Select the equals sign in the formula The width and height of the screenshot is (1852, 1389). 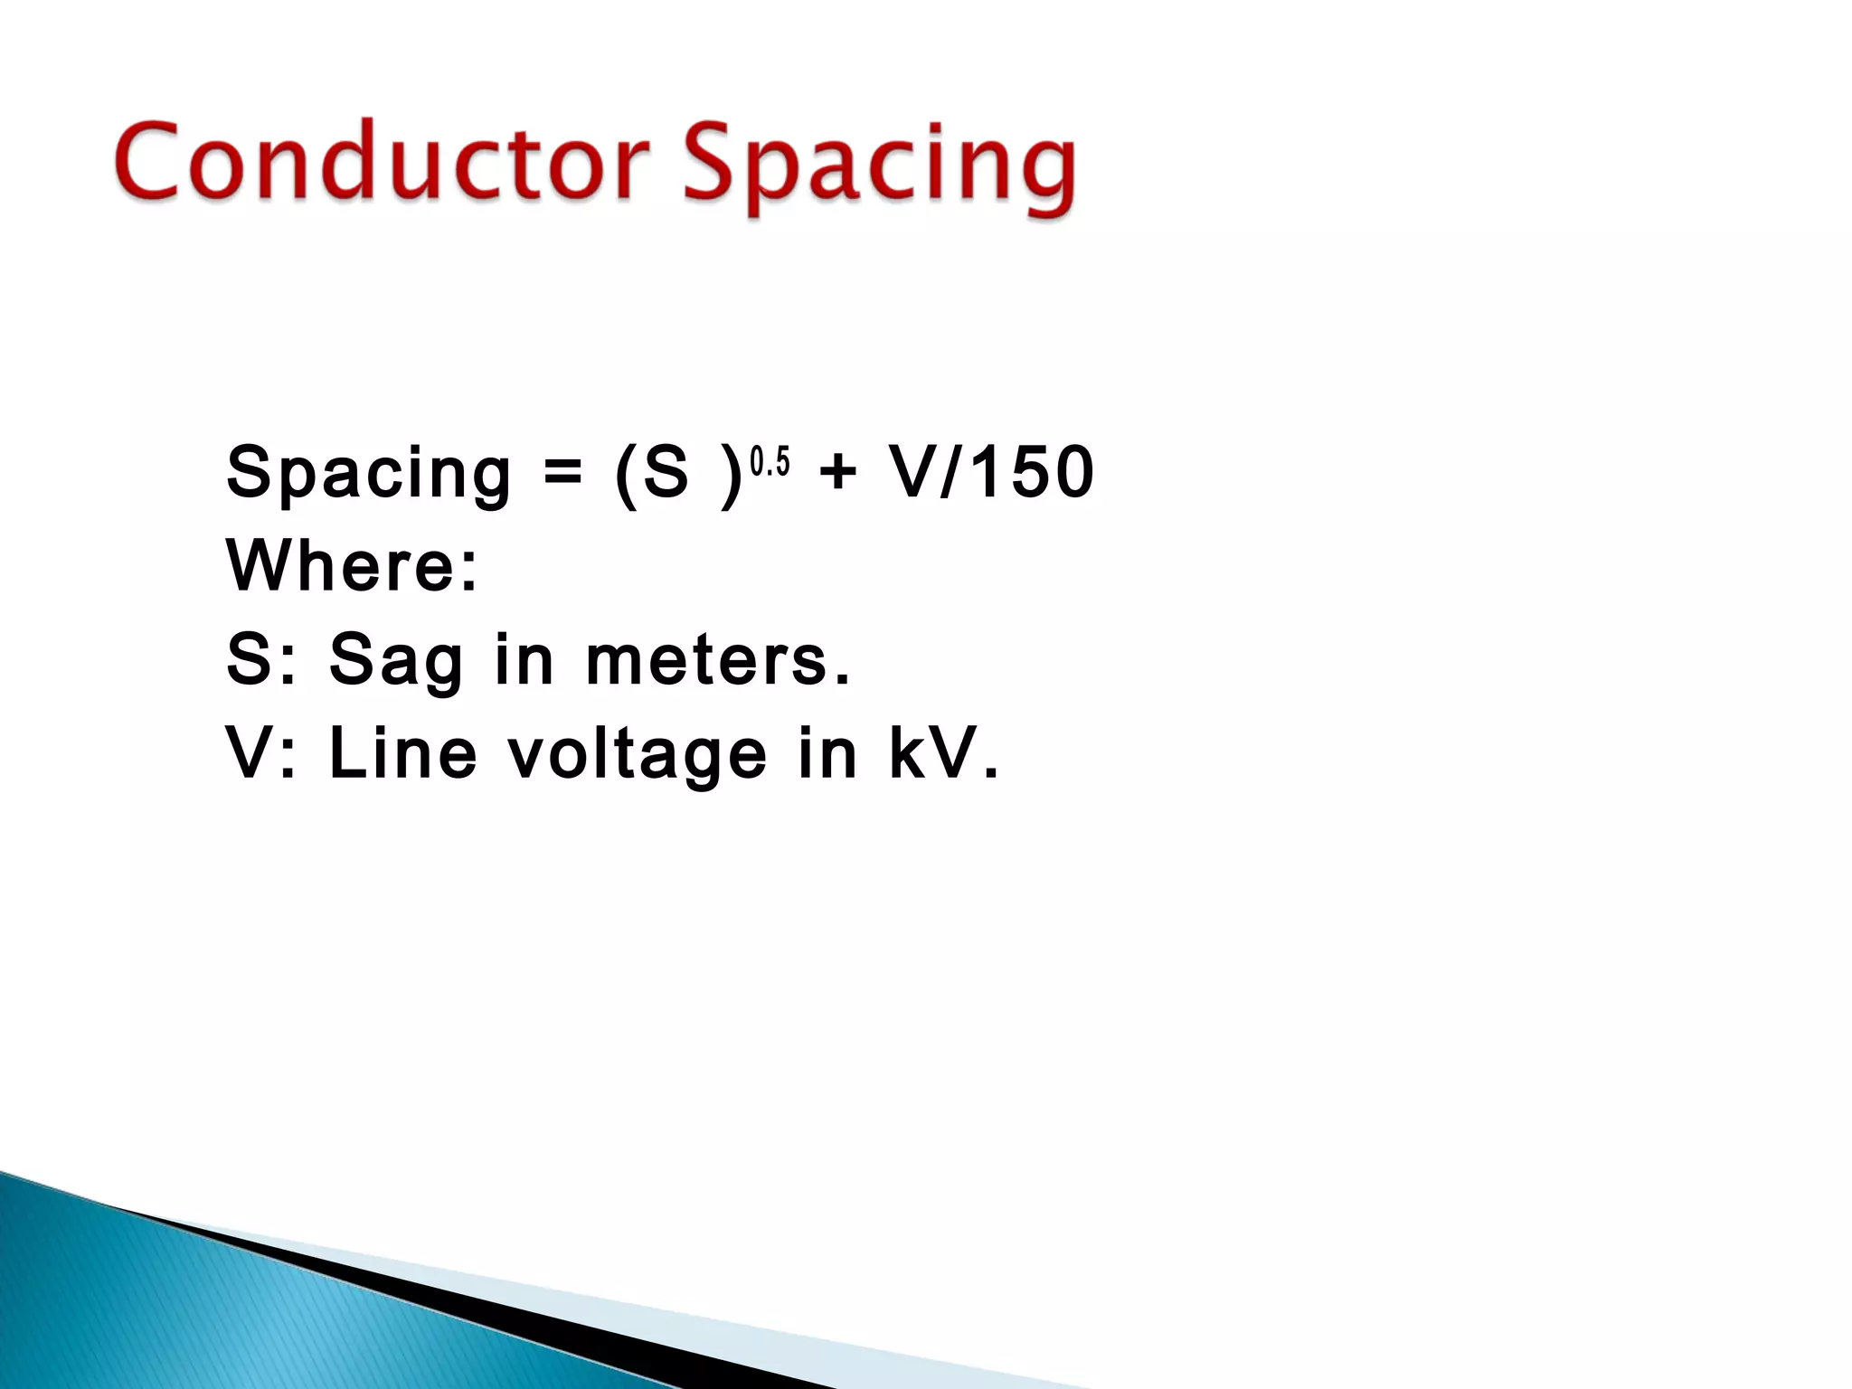pos(562,474)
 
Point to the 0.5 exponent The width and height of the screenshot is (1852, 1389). pos(770,463)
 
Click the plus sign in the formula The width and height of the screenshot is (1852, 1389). pos(837,472)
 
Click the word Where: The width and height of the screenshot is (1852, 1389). pos(352,566)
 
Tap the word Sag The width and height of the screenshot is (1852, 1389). pos(396,660)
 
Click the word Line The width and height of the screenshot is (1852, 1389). pos(402,754)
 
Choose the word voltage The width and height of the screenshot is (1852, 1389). pos(637,756)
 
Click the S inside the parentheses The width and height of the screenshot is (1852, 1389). pos(666,472)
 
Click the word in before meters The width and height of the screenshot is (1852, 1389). pos(524,660)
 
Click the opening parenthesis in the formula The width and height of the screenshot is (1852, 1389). pos(624,474)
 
